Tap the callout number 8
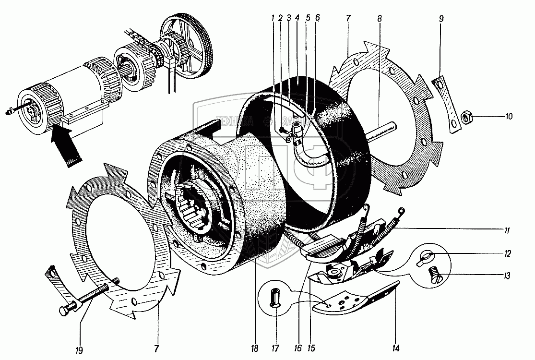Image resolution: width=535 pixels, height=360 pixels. coord(380,19)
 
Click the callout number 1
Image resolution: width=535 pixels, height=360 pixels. coord(273,19)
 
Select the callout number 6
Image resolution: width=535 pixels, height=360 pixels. coord(318,19)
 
